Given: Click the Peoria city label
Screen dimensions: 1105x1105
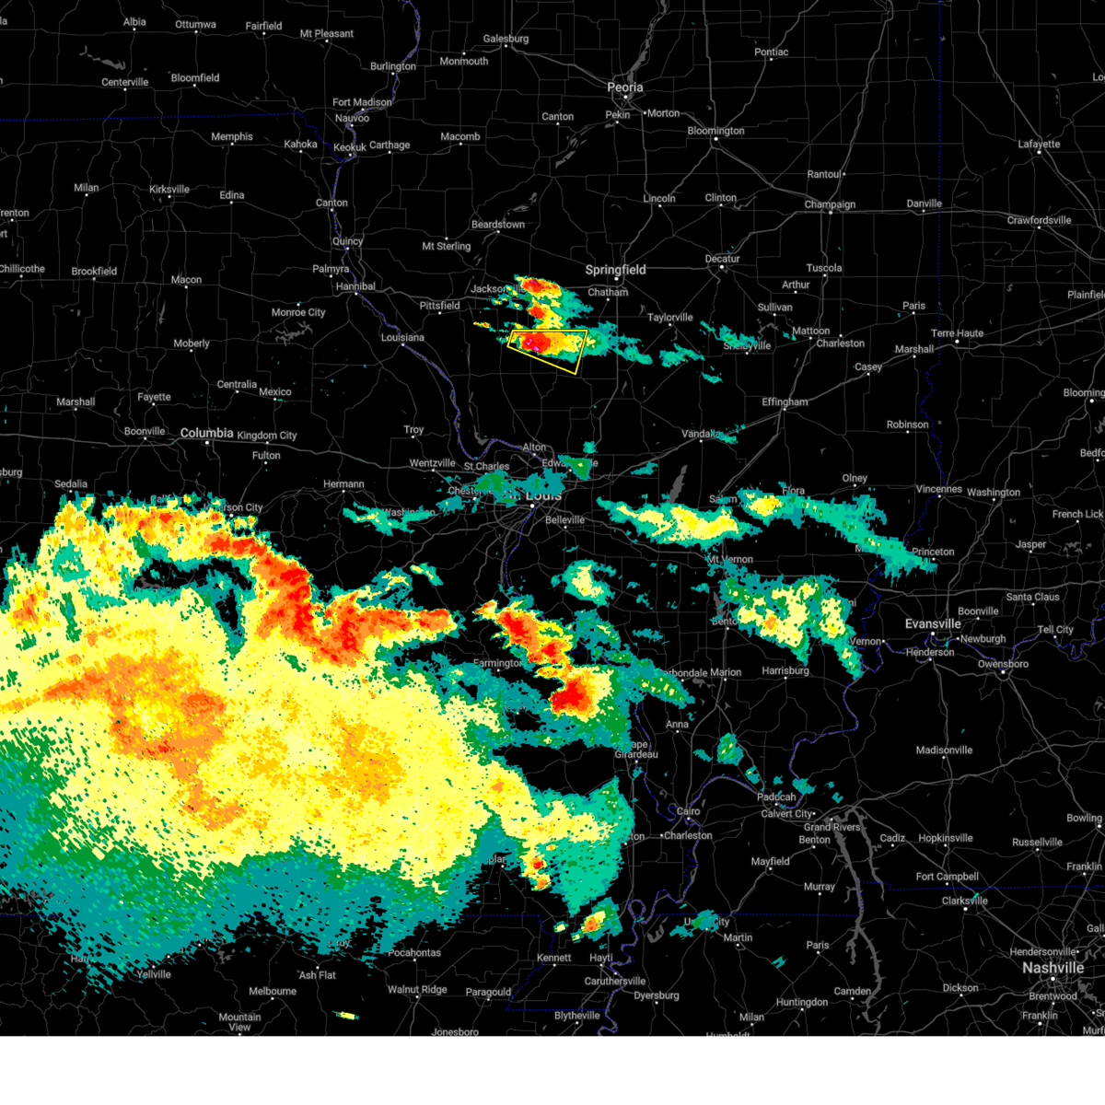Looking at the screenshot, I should (624, 87).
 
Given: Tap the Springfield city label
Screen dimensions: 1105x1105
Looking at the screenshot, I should (615, 270).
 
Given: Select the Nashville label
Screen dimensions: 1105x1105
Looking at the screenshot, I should (1053, 968).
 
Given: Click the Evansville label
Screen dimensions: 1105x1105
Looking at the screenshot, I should (933, 624).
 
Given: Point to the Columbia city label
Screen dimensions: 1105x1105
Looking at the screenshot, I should (206, 433).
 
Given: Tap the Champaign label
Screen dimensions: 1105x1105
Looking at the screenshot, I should (830, 204).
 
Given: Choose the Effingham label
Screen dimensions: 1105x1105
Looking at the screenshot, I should (785, 402).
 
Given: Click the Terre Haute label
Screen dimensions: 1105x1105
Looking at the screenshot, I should (957, 333).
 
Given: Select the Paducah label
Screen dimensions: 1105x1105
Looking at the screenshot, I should (776, 797).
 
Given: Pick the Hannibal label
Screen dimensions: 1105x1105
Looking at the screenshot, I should (355, 286).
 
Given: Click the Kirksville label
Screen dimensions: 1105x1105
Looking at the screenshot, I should (169, 190).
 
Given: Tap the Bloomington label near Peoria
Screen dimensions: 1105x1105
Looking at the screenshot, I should (715, 131).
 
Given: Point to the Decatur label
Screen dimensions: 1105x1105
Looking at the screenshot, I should (722, 259).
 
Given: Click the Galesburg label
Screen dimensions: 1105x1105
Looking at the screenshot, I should (506, 39).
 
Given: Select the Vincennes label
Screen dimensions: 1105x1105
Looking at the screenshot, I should (938, 490).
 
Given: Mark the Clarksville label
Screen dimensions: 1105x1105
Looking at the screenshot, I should (964, 901).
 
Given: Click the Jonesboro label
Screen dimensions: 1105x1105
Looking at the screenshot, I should (455, 1032).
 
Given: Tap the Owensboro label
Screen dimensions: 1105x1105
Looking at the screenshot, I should (1003, 664).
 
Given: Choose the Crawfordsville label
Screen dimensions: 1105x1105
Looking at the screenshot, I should (1039, 220).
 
